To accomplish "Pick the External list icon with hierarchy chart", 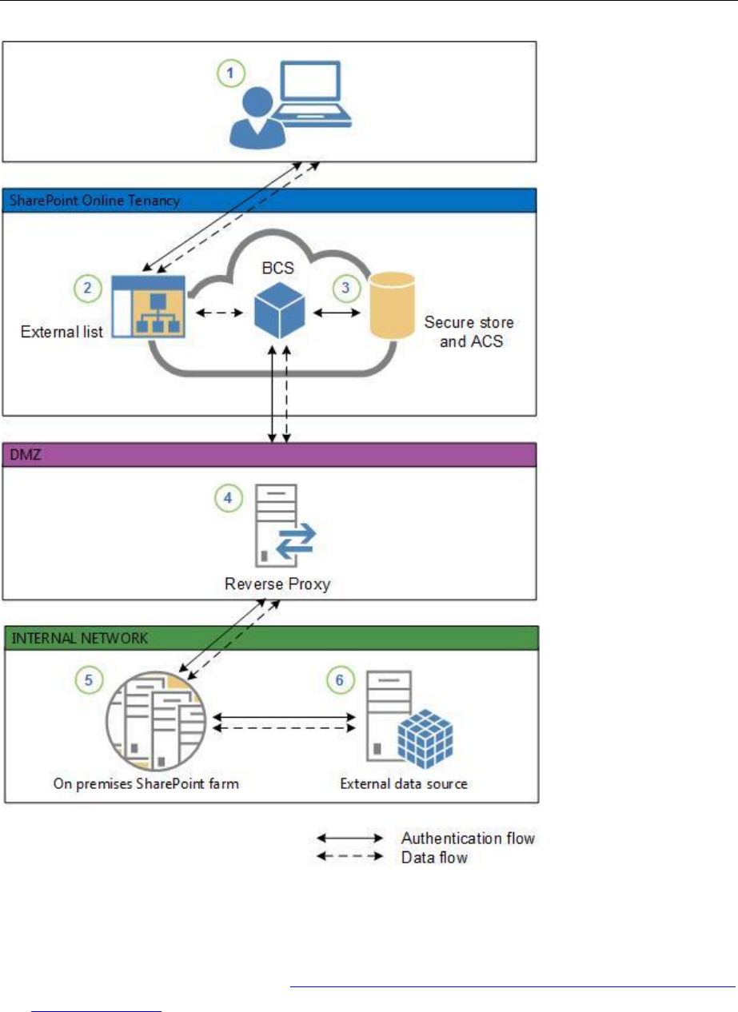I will (x=148, y=307).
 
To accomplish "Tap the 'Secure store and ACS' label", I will (x=469, y=333).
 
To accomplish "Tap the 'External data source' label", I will (x=404, y=783).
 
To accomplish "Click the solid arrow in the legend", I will (x=351, y=839).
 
